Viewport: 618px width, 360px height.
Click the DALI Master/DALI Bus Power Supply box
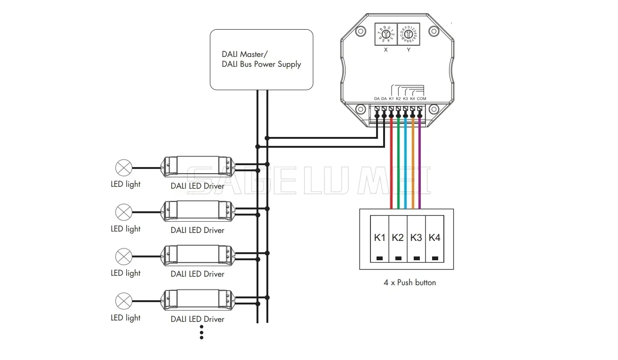pos(261,59)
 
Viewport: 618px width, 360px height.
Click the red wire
pos(391,165)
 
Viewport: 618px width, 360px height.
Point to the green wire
pos(398,165)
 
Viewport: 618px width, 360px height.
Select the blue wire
pos(405,165)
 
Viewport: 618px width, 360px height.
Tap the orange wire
pos(413,165)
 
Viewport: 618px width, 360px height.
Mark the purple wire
pos(420,165)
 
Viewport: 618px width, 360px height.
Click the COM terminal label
pos(421,98)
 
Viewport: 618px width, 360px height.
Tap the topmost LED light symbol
pos(124,168)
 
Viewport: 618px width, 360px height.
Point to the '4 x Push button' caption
pos(409,283)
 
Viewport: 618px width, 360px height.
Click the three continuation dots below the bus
pos(201,332)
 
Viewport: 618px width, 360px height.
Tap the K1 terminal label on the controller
pos(391,98)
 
